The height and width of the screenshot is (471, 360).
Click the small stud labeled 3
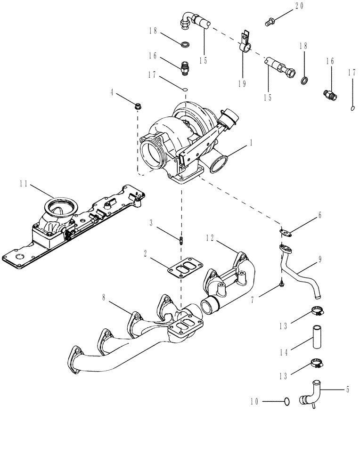click(x=181, y=241)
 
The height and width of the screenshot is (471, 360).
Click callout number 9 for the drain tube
click(x=320, y=259)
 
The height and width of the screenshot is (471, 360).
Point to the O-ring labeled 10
click(x=286, y=401)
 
